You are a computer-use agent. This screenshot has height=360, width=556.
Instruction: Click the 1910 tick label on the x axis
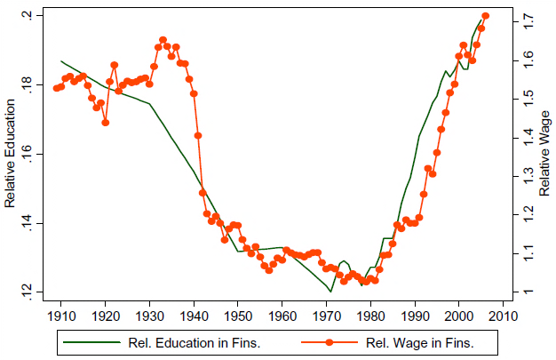[x=61, y=314]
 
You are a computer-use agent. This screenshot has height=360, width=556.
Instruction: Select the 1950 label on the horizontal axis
[x=238, y=314]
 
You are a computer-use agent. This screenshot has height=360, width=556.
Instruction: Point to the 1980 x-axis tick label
[x=370, y=314]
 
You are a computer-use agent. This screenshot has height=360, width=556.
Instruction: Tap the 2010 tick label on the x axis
[x=503, y=314]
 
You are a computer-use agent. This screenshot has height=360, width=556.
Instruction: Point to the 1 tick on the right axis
[x=524, y=292]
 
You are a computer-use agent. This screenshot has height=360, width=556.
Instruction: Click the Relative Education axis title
[x=11, y=153]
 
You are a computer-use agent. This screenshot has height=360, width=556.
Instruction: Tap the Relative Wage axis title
[x=544, y=153]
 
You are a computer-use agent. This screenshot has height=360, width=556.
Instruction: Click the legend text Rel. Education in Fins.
[x=189, y=341]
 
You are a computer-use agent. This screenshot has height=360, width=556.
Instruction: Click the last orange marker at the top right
[x=485, y=16]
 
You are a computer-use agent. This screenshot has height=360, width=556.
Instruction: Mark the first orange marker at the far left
[x=56, y=88]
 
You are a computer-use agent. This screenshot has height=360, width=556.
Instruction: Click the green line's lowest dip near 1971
[x=330, y=291]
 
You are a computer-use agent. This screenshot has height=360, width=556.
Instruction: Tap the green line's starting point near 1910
[x=60, y=61]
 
